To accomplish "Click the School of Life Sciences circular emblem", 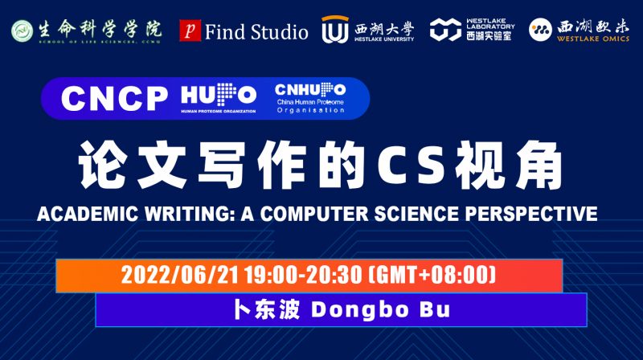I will click(22, 31).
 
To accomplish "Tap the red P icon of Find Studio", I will click(189, 31).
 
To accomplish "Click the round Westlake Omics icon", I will click(540, 30).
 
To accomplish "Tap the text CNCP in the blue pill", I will click(113, 98).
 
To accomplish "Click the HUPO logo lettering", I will click(218, 95).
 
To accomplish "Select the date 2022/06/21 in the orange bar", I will click(170, 276).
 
